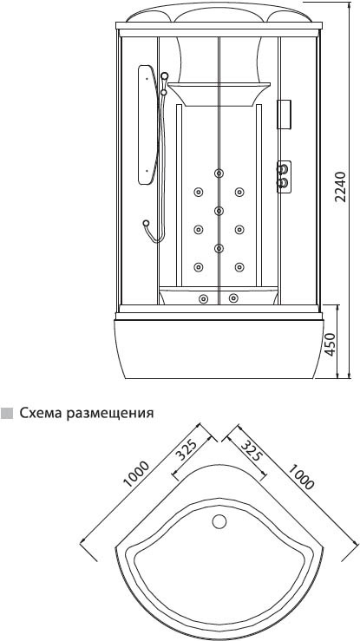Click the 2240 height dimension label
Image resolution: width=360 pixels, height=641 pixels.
340,187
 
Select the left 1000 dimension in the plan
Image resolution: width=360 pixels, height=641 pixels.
136,474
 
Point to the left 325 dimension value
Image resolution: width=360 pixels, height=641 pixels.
187,448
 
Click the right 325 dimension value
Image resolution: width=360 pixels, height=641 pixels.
251,450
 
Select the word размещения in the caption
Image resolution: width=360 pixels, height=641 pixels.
111,414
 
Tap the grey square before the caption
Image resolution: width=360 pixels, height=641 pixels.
7,413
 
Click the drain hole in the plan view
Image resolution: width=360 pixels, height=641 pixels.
219,521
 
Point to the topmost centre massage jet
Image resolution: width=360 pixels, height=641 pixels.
219,173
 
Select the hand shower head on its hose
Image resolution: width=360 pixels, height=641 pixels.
147,223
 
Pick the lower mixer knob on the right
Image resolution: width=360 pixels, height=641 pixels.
282,181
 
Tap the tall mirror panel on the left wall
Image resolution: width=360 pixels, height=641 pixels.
147,125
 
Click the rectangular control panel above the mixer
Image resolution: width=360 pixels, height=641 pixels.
284,114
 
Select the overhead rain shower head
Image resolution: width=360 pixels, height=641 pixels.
219,94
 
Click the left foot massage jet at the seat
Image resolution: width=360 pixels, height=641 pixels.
203,298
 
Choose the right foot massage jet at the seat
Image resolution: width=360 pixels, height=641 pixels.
233,298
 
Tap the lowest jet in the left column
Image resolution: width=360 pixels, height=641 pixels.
199,267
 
